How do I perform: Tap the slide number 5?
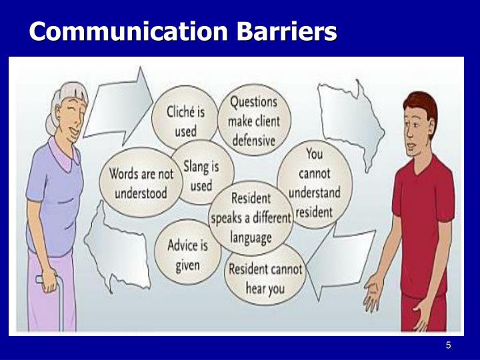[449, 345]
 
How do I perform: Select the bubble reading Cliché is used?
[186, 120]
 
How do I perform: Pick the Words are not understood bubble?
[141, 183]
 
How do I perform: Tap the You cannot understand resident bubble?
[314, 183]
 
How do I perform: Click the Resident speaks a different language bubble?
[251, 217]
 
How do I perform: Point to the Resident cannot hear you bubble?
[265, 278]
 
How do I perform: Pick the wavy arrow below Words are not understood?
[113, 246]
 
